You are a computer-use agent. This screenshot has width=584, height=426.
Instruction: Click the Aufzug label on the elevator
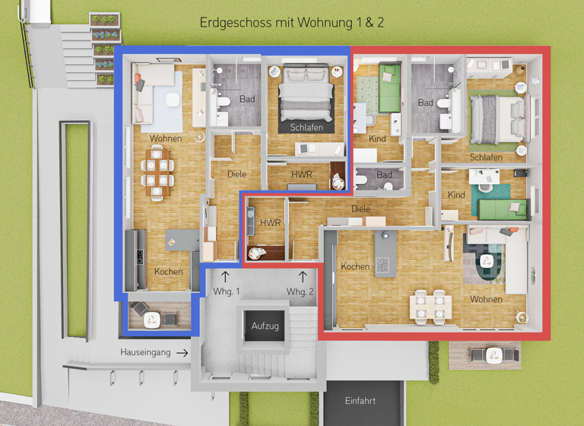point(265,326)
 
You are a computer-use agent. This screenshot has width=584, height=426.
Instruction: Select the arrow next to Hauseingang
point(181,352)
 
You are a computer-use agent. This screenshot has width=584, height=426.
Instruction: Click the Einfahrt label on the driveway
point(360,401)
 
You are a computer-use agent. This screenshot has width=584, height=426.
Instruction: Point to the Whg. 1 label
point(226,292)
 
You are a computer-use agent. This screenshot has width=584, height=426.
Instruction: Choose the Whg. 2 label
point(300,292)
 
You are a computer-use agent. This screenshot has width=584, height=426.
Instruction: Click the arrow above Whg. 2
point(302,276)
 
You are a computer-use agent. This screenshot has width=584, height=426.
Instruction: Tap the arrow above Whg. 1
point(225,276)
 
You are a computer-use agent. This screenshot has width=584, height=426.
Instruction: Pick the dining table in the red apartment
point(430,305)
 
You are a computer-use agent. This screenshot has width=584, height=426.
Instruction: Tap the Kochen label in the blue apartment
point(168,272)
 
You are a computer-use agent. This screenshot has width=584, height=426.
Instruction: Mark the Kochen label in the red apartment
point(355,267)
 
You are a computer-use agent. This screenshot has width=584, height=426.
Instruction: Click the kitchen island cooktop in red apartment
point(383,264)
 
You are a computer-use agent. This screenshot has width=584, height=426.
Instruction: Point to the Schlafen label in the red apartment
point(486,157)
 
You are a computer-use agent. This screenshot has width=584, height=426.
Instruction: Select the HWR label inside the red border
point(270,223)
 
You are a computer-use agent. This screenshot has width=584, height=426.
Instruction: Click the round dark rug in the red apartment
point(486,262)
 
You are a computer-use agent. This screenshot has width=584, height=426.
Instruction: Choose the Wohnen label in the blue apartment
point(165,138)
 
